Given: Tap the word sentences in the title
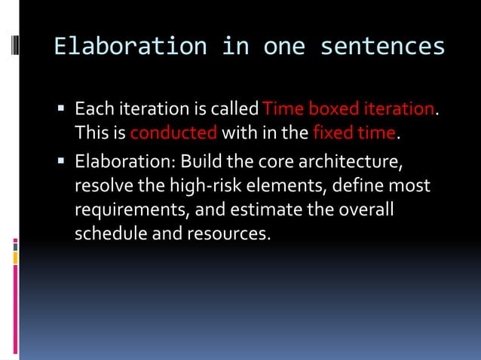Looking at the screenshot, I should click(x=382, y=47).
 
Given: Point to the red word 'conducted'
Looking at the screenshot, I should click(x=173, y=134).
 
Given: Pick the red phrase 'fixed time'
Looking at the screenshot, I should click(x=354, y=134).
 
